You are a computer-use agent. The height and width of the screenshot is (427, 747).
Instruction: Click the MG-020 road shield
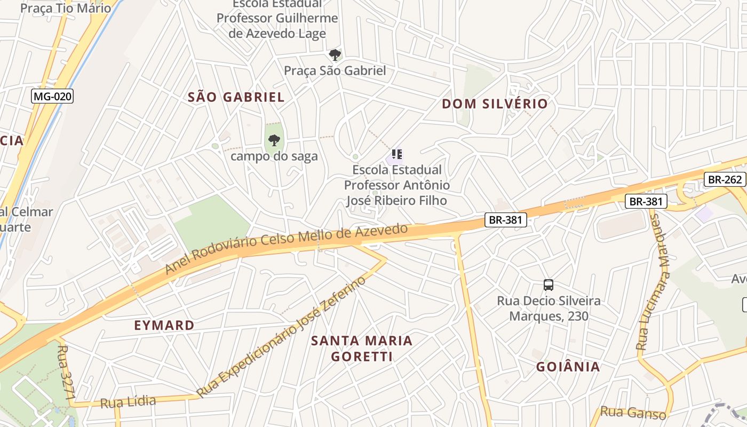(x=52, y=97)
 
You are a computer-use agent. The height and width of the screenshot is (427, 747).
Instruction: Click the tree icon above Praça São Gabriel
(x=335, y=55)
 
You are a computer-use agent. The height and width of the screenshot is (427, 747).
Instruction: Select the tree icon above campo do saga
(x=274, y=141)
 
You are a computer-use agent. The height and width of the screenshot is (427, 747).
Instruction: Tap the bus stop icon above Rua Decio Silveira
(x=549, y=285)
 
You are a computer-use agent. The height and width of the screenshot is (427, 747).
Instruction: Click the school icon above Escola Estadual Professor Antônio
(x=396, y=155)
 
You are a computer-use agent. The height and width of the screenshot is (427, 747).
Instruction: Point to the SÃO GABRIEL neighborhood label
(x=236, y=97)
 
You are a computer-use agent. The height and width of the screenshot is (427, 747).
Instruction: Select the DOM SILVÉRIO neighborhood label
(x=495, y=104)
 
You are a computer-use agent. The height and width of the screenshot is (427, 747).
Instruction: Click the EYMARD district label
(x=164, y=326)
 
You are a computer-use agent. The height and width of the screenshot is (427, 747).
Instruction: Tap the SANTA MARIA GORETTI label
(x=362, y=349)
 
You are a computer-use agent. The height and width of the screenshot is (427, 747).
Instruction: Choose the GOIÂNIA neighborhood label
(x=568, y=367)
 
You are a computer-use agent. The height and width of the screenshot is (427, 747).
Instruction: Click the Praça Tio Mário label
(x=66, y=8)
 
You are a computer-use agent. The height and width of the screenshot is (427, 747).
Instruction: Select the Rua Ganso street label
(x=633, y=413)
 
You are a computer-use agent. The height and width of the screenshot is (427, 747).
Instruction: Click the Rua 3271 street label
(x=67, y=373)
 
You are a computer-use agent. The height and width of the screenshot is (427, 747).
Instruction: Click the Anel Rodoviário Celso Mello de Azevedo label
(x=286, y=248)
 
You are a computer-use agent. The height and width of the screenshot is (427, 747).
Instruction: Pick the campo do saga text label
(x=274, y=156)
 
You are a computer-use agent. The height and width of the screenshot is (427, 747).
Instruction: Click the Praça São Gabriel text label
(x=335, y=70)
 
